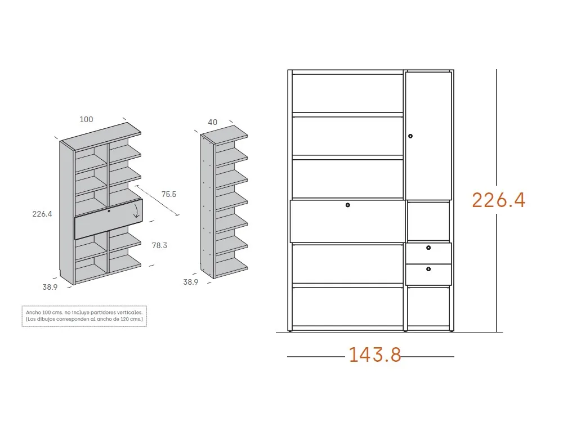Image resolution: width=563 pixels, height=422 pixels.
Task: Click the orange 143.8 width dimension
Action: tap(375, 354)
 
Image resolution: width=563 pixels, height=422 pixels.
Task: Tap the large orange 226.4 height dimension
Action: tap(498, 200)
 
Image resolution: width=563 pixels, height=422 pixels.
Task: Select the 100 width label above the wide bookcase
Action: tap(86, 119)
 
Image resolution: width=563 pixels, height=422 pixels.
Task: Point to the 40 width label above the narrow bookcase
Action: tap(213, 122)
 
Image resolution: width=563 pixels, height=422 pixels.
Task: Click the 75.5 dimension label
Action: tap(169, 194)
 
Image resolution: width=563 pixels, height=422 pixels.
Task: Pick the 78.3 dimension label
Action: tap(159, 245)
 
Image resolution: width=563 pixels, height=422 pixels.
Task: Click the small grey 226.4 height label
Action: tap(42, 214)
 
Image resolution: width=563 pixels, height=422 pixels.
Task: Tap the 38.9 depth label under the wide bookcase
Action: tap(50, 287)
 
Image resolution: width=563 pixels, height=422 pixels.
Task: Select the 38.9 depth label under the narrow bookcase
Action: tap(191, 282)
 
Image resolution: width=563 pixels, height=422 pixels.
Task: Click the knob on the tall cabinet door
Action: tap(410, 136)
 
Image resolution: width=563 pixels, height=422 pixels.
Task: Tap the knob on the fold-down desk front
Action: tap(347, 205)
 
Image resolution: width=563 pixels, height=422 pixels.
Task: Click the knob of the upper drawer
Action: tap(428, 248)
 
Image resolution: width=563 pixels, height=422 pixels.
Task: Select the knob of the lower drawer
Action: tap(428, 269)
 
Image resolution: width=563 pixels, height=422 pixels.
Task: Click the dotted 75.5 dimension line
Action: tap(157, 201)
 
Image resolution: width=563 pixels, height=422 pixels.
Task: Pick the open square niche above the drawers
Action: tap(428, 221)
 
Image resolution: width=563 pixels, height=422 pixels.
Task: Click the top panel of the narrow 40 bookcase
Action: tap(224, 135)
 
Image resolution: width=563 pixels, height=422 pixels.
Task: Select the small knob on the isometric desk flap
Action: tap(109, 211)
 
